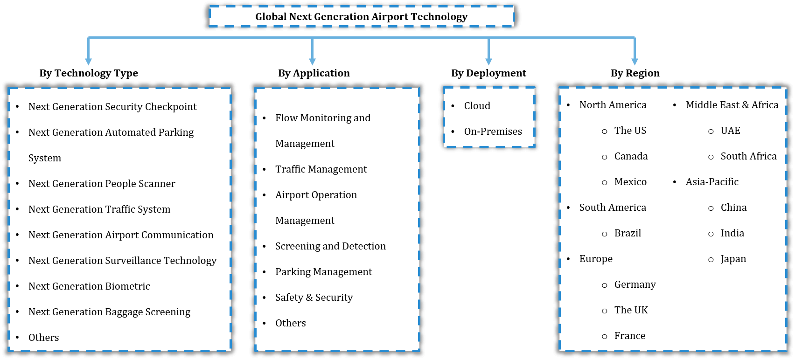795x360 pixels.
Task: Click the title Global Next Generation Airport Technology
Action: click(361, 17)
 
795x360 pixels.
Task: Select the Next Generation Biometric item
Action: click(89, 286)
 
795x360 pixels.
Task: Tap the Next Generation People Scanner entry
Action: click(102, 184)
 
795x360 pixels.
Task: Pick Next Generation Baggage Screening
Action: click(109, 312)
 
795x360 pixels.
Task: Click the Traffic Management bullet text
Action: click(321, 169)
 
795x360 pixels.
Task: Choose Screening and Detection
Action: click(330, 246)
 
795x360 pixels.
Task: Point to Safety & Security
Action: click(314, 298)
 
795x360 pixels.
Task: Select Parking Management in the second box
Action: click(323, 272)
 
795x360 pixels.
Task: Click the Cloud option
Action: click(477, 106)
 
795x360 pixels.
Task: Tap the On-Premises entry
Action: click(493, 132)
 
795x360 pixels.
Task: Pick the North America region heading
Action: click(613, 105)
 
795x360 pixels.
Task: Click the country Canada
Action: click(631, 156)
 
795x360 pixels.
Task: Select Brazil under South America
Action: click(628, 233)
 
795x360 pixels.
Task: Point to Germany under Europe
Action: click(635, 284)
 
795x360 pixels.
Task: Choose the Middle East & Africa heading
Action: click(732, 105)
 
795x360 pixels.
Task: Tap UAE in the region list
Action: click(730, 131)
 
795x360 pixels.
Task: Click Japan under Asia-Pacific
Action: click(733, 259)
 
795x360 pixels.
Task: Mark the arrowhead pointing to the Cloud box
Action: click(488, 62)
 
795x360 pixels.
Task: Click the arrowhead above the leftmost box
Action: click(89, 62)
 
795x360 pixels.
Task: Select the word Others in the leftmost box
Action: click(44, 338)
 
